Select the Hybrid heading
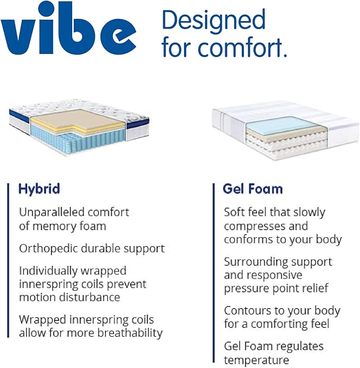pos(39,189)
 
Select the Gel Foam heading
pos(253,189)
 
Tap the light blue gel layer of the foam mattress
pos(271,125)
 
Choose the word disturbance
pos(92,297)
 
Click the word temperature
pos(256,360)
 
